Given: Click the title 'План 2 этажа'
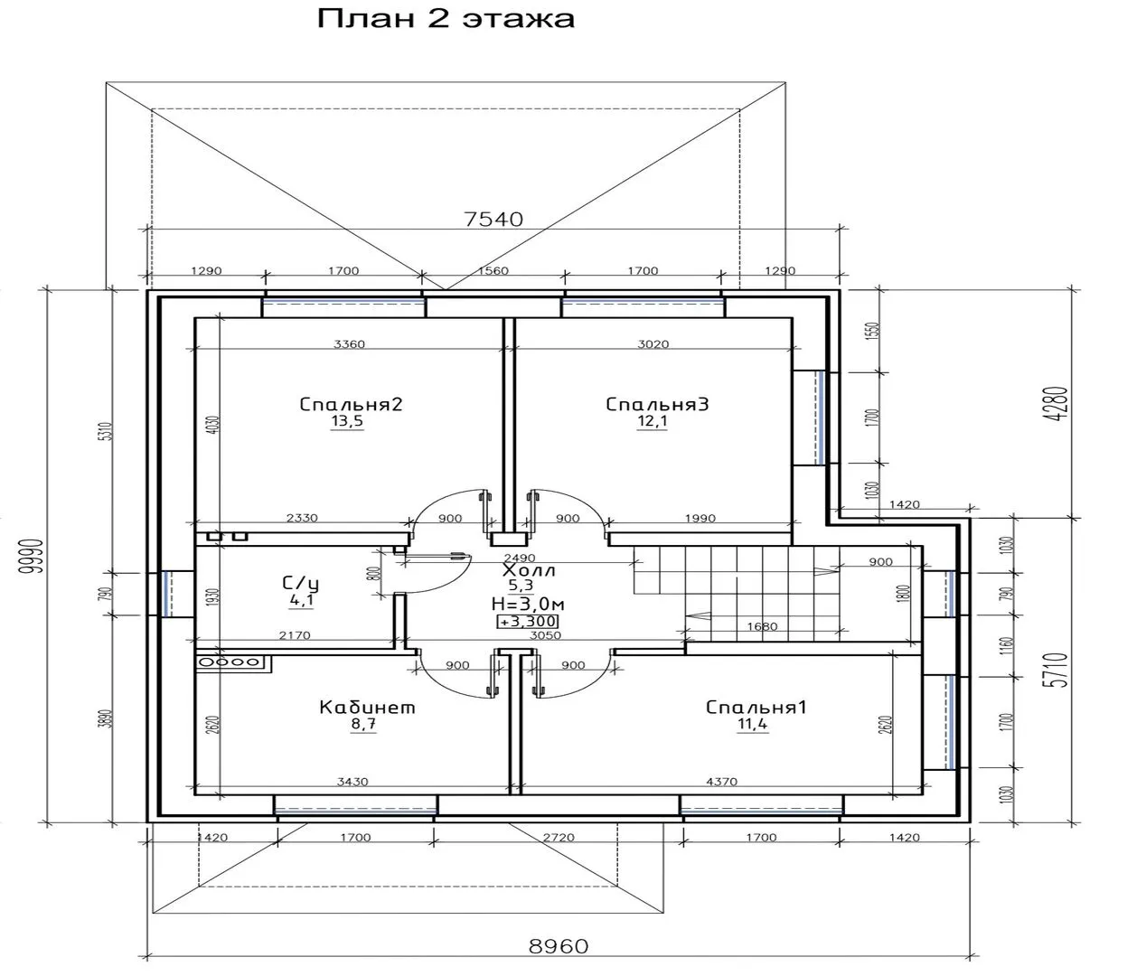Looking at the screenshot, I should click(446, 19).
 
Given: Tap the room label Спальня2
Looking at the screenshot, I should click(351, 404).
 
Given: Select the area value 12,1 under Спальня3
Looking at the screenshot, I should click(652, 423).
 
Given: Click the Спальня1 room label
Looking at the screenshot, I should click(756, 707).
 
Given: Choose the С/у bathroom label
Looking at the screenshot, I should click(301, 583).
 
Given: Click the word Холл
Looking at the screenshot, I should click(530, 571).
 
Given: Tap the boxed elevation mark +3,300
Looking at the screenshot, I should click(528, 622).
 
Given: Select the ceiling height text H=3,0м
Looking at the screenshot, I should click(528, 603).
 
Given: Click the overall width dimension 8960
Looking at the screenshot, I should click(558, 946).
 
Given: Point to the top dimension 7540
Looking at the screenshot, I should click(493, 219).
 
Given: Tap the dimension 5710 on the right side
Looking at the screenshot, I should click(1059, 671).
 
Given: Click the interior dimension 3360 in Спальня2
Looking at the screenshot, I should click(349, 344).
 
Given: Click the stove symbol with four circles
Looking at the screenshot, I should click(232, 662).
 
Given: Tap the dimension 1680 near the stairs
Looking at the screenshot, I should click(763, 626).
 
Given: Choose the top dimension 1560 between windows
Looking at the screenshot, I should click(493, 270).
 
